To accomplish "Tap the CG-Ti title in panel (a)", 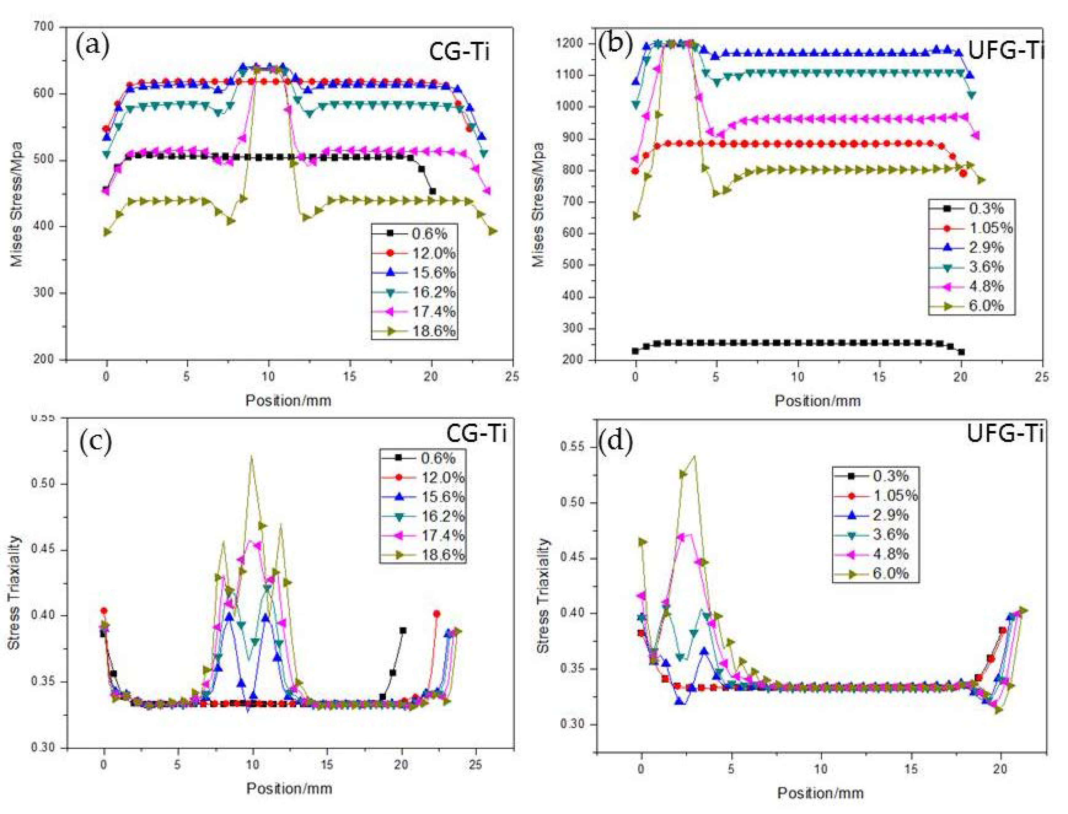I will click(x=459, y=52).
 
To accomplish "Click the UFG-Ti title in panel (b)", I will click(x=1005, y=51).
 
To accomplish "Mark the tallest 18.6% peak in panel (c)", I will click(x=251, y=456).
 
